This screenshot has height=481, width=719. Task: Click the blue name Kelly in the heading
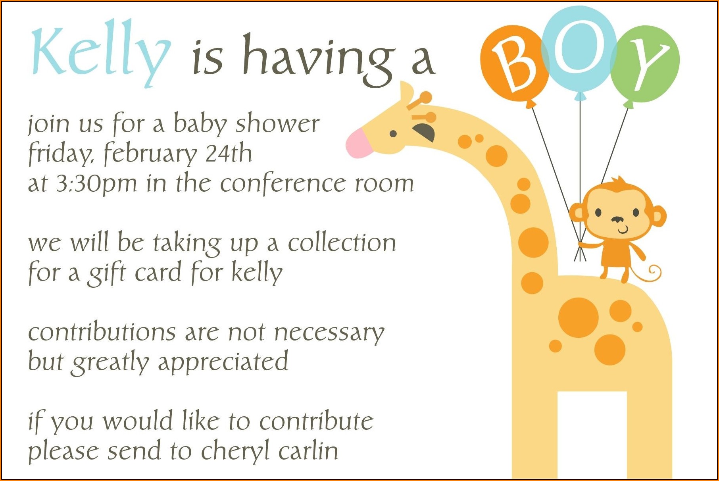click(x=101, y=52)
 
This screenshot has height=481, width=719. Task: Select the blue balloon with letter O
click(x=579, y=50)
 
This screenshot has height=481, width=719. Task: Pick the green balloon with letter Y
click(x=645, y=65)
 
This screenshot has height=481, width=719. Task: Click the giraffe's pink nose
click(x=359, y=143)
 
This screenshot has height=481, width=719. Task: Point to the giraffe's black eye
click(x=393, y=134)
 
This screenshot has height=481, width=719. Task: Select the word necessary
click(x=329, y=333)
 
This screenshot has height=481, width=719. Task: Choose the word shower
click(x=277, y=123)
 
